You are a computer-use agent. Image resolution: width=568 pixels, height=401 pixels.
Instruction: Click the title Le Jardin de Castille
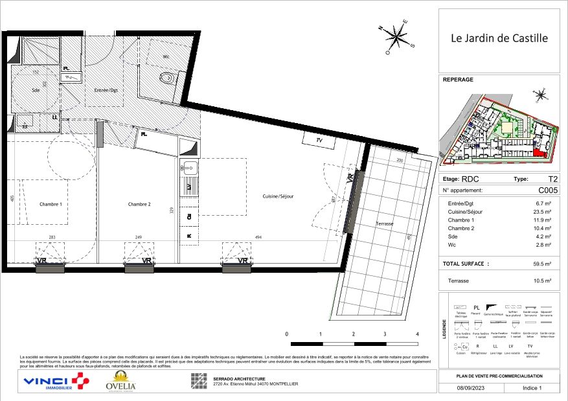coord(499,38)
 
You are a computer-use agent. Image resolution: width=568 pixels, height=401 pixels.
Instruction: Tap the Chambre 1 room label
coord(51,204)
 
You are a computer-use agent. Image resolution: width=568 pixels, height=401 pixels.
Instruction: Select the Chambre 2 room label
coord(139,204)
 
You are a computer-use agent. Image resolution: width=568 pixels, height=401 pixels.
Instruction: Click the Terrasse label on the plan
coord(385,223)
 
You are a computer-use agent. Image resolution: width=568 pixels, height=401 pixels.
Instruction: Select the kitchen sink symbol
coord(188,168)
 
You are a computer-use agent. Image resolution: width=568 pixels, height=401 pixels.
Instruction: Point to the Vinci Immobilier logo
coord(55,382)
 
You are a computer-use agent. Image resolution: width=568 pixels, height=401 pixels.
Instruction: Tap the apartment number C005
coord(547,190)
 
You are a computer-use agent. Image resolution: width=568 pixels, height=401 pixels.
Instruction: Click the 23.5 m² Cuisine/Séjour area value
coord(542,212)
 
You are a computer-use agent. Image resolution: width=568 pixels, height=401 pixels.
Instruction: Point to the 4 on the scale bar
coord(417,334)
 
